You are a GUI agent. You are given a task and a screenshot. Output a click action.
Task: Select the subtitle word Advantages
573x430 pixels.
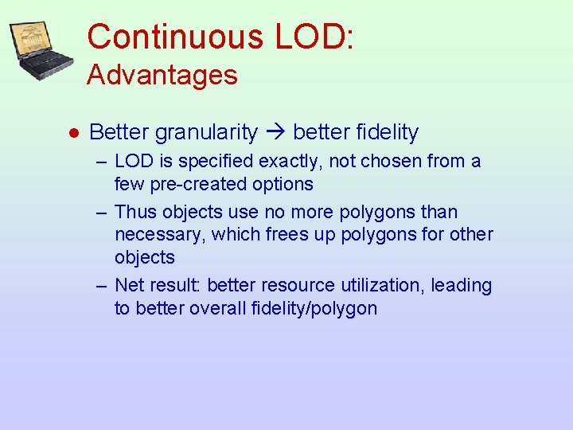162,76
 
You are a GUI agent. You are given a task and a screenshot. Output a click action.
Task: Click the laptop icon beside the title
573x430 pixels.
42,50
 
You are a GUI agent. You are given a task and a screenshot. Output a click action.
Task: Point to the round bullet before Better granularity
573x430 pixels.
72,133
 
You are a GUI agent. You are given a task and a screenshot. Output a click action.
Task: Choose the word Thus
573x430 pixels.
136,212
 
